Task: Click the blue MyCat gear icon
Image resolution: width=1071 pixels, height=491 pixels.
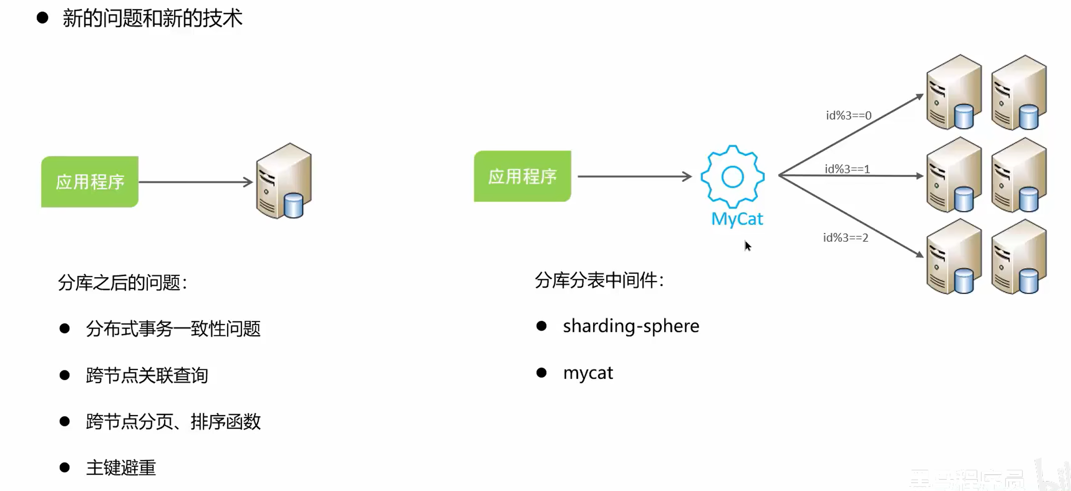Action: click(732, 177)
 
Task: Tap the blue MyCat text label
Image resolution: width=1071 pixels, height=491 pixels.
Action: click(737, 219)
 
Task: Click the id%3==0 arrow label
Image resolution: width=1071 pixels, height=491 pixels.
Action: click(848, 116)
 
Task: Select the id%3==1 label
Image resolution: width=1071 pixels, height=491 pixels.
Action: click(847, 169)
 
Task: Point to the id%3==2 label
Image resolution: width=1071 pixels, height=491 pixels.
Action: click(845, 238)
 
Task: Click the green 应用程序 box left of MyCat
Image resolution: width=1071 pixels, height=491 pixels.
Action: click(522, 176)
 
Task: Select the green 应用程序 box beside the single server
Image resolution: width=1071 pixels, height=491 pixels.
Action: click(90, 181)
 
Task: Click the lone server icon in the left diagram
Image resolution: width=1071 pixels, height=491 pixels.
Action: click(284, 181)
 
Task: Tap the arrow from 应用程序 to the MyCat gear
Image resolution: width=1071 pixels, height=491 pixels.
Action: click(634, 176)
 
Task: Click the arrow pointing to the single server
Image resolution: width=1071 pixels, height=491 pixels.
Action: click(195, 182)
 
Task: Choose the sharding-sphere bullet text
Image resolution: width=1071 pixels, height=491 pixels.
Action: click(631, 326)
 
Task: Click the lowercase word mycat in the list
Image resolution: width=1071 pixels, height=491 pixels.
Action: click(588, 373)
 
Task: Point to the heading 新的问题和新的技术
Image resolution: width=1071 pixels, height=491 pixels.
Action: click(152, 18)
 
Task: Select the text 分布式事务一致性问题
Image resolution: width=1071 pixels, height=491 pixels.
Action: click(173, 329)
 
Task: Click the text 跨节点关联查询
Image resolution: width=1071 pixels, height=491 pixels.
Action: click(147, 375)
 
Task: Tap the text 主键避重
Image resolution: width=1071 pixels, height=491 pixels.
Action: click(121, 468)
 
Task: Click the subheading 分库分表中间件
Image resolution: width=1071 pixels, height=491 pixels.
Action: click(599, 281)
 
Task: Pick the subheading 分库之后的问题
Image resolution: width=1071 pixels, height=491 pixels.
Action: click(122, 282)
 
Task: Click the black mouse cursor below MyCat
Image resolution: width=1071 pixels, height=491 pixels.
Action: click(748, 246)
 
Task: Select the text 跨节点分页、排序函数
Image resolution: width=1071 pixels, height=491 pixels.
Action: click(173, 422)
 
